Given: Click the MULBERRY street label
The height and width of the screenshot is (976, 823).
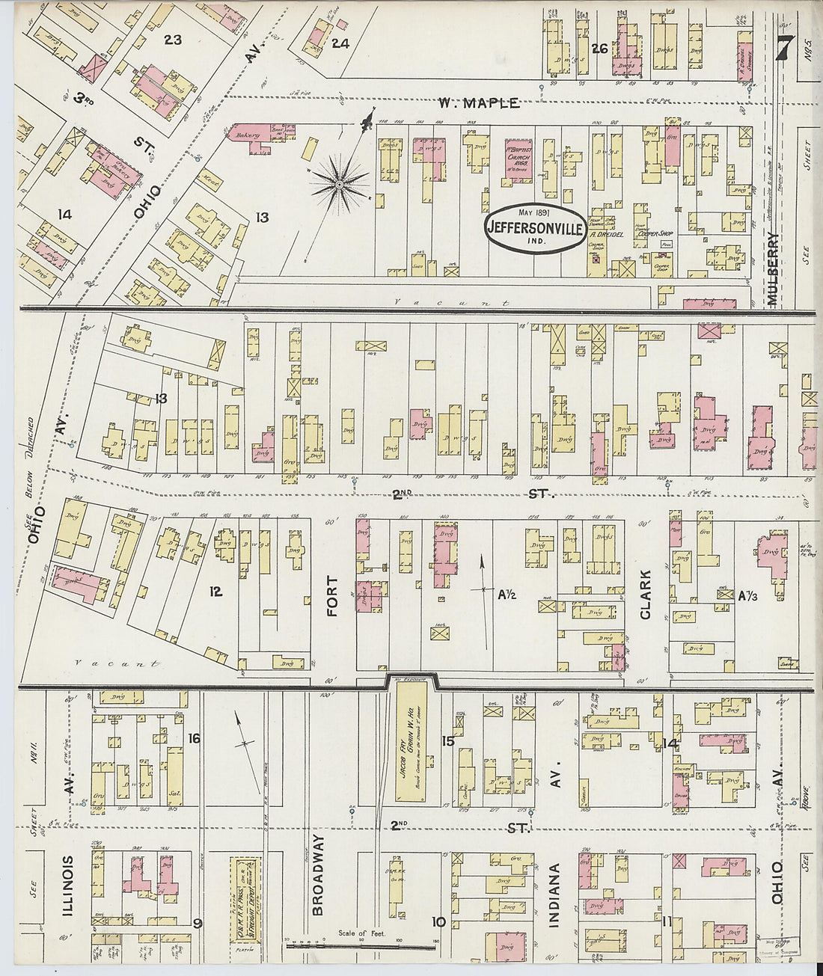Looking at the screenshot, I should (774, 270).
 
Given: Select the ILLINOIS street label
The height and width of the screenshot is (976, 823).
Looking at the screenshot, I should (68, 886).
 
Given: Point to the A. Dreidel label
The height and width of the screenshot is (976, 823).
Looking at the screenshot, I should (602, 233).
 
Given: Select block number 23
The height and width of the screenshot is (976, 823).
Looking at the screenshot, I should (173, 39).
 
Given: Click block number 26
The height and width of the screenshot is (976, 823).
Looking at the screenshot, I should (599, 49).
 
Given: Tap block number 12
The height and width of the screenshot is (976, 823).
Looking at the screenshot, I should (215, 592).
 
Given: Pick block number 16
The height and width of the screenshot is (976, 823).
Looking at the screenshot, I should (194, 739).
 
